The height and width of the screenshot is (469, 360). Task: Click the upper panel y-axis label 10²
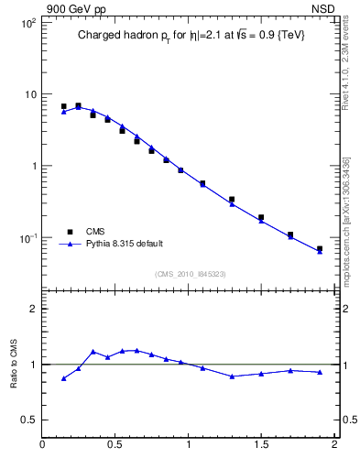pyautogui.click(x=28, y=22)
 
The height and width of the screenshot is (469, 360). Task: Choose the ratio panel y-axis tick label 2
pyautogui.click(x=34, y=309)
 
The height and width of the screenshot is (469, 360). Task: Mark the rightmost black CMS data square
pyautogui.click(x=320, y=248)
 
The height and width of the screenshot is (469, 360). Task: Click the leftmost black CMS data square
pyautogui.click(x=63, y=106)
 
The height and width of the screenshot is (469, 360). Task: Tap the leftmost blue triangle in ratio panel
pyautogui.click(x=63, y=378)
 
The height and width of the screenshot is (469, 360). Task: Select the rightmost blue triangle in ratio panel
pyautogui.click(x=320, y=372)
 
